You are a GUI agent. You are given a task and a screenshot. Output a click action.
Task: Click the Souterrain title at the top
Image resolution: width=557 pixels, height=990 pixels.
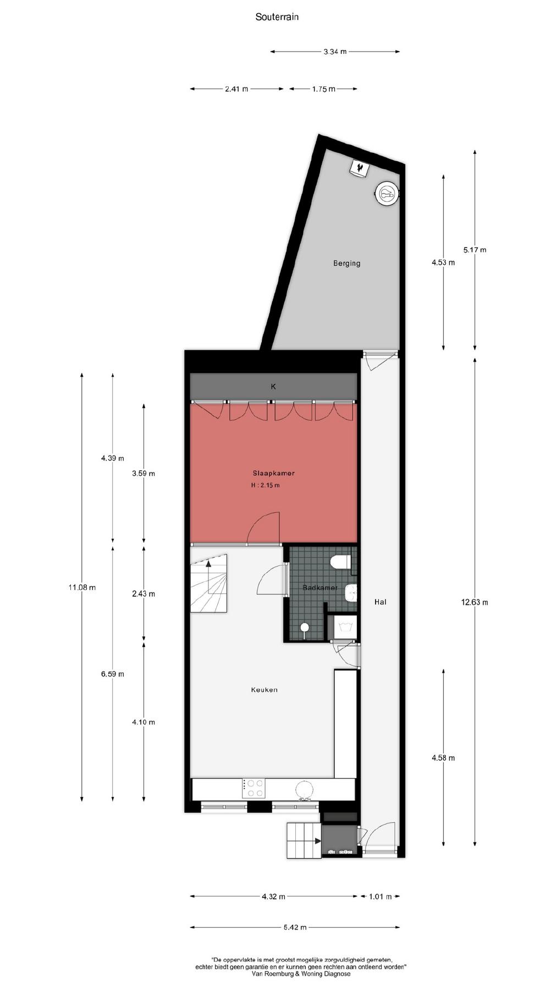click(277, 17)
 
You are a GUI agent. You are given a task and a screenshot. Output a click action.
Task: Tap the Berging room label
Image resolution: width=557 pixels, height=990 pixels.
click(347, 263)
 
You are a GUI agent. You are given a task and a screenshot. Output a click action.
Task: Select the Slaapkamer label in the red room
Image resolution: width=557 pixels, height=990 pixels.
click(274, 473)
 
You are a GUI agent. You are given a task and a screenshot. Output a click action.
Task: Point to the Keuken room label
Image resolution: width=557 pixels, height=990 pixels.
click(264, 690)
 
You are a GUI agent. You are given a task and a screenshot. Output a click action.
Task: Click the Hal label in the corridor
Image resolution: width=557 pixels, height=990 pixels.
click(380, 602)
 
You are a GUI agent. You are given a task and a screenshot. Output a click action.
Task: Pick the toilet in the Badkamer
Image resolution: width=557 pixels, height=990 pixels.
click(341, 562)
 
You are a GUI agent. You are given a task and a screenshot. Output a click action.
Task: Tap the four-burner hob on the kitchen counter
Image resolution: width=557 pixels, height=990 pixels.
click(254, 788)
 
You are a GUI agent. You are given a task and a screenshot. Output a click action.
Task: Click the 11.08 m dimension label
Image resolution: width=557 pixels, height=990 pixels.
click(82, 587)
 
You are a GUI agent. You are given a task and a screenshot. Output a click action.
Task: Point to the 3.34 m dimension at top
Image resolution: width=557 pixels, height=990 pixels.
click(335, 52)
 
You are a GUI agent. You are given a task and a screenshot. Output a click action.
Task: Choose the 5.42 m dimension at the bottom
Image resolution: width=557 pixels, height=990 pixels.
click(295, 927)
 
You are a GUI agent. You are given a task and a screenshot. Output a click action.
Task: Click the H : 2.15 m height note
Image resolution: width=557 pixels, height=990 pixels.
click(266, 485)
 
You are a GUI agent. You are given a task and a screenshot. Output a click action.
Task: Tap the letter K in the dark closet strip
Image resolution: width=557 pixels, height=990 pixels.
click(273, 387)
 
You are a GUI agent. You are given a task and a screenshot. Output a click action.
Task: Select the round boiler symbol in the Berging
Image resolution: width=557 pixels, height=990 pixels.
click(387, 193)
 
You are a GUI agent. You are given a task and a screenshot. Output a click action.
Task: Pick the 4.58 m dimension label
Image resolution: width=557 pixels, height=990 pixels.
click(443, 758)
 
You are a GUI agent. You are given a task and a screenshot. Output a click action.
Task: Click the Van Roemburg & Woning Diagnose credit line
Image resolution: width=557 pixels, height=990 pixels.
click(301, 974)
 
